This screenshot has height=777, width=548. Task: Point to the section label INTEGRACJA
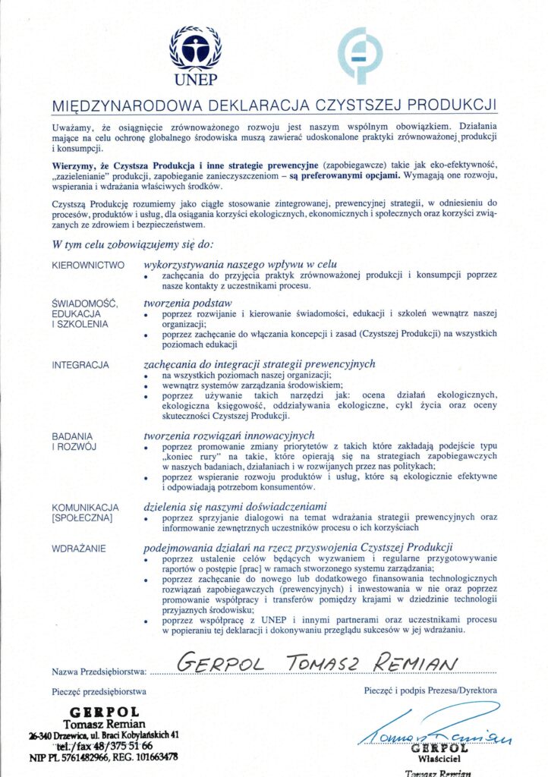(x=80, y=365)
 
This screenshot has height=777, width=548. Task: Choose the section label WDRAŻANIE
(x=79, y=548)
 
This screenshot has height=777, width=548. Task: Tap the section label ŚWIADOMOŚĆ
(x=85, y=304)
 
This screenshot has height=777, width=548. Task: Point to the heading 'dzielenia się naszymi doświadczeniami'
(x=235, y=505)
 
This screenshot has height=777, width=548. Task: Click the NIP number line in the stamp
(x=104, y=757)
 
